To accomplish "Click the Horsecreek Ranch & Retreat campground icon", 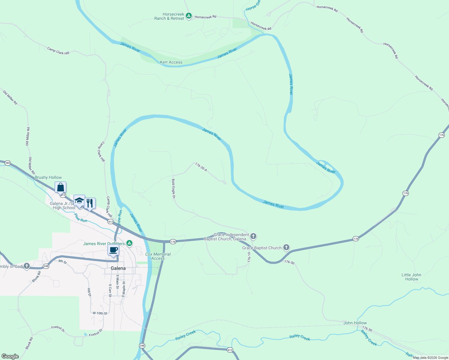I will [x=188, y=16].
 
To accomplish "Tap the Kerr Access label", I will [x=171, y=62].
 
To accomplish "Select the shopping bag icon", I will [x=60, y=187].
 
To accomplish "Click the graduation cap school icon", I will [x=79, y=201].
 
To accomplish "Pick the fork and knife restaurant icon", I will [x=90, y=203].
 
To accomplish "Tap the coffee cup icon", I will [x=113, y=250].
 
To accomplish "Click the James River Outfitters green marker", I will [x=129, y=243].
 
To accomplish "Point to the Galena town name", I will [x=118, y=268].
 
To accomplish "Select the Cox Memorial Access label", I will [x=158, y=256].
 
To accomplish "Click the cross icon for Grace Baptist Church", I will [x=286, y=247].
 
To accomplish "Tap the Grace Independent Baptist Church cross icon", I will [x=253, y=236].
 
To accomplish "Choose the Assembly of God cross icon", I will [x=27, y=266].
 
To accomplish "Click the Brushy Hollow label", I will [x=48, y=177].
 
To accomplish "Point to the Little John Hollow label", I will [x=411, y=277].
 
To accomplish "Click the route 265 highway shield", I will [x=8, y=163].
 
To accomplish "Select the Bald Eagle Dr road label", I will [x=173, y=189].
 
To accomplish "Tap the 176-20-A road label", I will [x=201, y=167].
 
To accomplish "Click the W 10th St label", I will [x=100, y=313].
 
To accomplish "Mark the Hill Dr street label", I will [x=89, y=292].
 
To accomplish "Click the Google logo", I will [x=10, y=356].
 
